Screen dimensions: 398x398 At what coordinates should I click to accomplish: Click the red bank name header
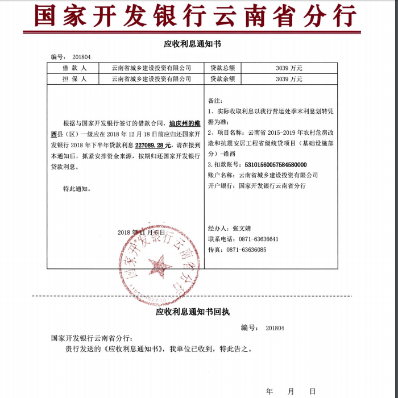(196, 15)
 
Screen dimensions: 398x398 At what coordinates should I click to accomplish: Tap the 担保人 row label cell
(74, 79)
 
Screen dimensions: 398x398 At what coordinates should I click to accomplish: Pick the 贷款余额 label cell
(222, 79)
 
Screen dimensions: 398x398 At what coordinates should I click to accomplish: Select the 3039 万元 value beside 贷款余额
(289, 79)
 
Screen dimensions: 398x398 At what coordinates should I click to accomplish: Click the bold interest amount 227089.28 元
(153, 146)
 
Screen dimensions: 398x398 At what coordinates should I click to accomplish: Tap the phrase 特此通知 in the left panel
(76, 189)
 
